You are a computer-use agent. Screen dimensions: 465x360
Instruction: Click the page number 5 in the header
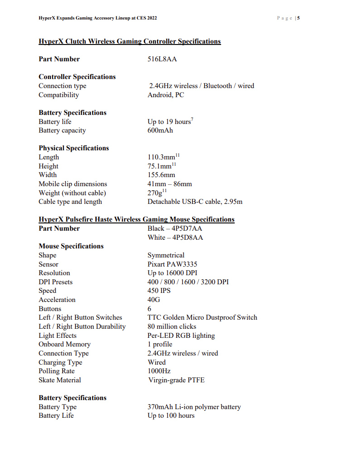pos(299,18)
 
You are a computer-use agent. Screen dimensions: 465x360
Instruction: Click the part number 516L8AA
pos(162,59)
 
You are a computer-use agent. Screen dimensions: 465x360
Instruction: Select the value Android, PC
pos(166,95)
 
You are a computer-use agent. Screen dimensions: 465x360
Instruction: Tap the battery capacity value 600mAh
pos(160,130)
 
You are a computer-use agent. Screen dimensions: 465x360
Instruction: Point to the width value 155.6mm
pos(161,175)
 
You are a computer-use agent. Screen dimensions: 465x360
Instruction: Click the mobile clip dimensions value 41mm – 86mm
pos(170,184)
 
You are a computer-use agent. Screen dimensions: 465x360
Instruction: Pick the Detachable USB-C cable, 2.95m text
pos(195,202)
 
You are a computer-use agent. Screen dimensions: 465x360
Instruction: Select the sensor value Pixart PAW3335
pos(172,264)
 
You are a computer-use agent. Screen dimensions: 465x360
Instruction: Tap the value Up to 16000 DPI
pos(172,273)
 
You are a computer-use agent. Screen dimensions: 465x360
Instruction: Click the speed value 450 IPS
pos(159,291)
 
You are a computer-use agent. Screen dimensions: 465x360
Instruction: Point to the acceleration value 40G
pos(154,300)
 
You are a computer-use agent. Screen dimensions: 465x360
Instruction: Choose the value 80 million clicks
pos(172,326)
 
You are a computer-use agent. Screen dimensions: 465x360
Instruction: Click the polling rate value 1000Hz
pos(159,371)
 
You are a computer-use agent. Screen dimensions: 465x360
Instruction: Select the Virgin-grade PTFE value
pos(176,380)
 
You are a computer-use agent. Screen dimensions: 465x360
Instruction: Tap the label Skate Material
pos(60,380)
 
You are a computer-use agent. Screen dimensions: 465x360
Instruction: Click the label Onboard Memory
pos(64,344)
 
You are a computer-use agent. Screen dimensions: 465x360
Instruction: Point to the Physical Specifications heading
pos(74,148)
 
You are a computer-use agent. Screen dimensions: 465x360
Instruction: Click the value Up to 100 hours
pos(171,416)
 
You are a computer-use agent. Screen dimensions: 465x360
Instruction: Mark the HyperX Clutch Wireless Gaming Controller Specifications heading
pos(129,41)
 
